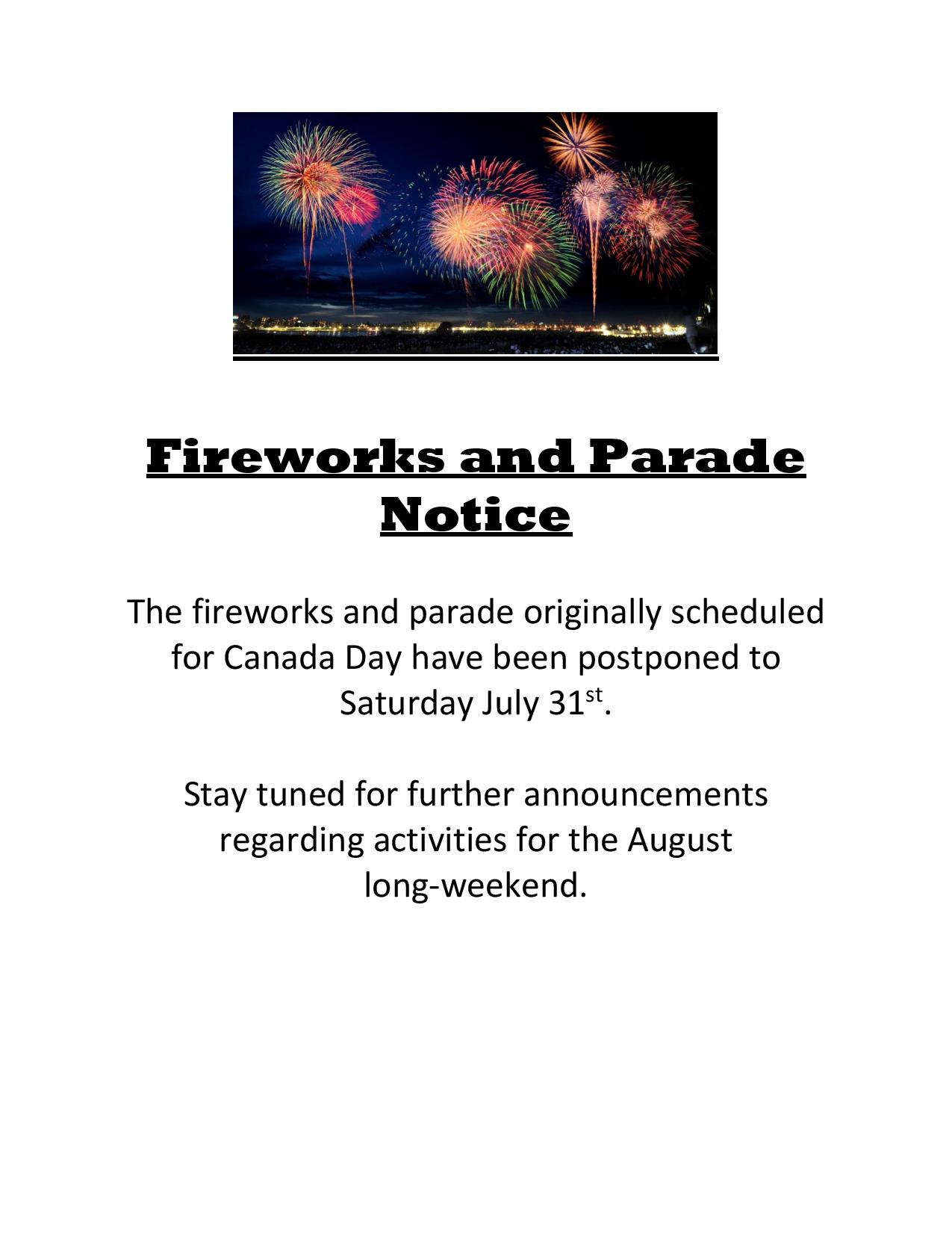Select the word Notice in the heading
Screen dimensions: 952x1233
[x=476, y=515]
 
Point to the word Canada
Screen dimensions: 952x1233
[x=279, y=658]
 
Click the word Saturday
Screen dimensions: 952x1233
[x=405, y=704]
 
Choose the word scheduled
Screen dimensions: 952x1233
[x=747, y=612]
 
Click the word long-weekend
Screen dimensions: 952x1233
[x=475, y=888]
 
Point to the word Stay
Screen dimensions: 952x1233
[x=216, y=797]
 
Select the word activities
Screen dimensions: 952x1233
[x=440, y=840]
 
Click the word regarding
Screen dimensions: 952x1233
[x=291, y=842]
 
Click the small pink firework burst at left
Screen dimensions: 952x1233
[x=356, y=205]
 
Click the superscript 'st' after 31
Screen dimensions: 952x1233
[x=594, y=695]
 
